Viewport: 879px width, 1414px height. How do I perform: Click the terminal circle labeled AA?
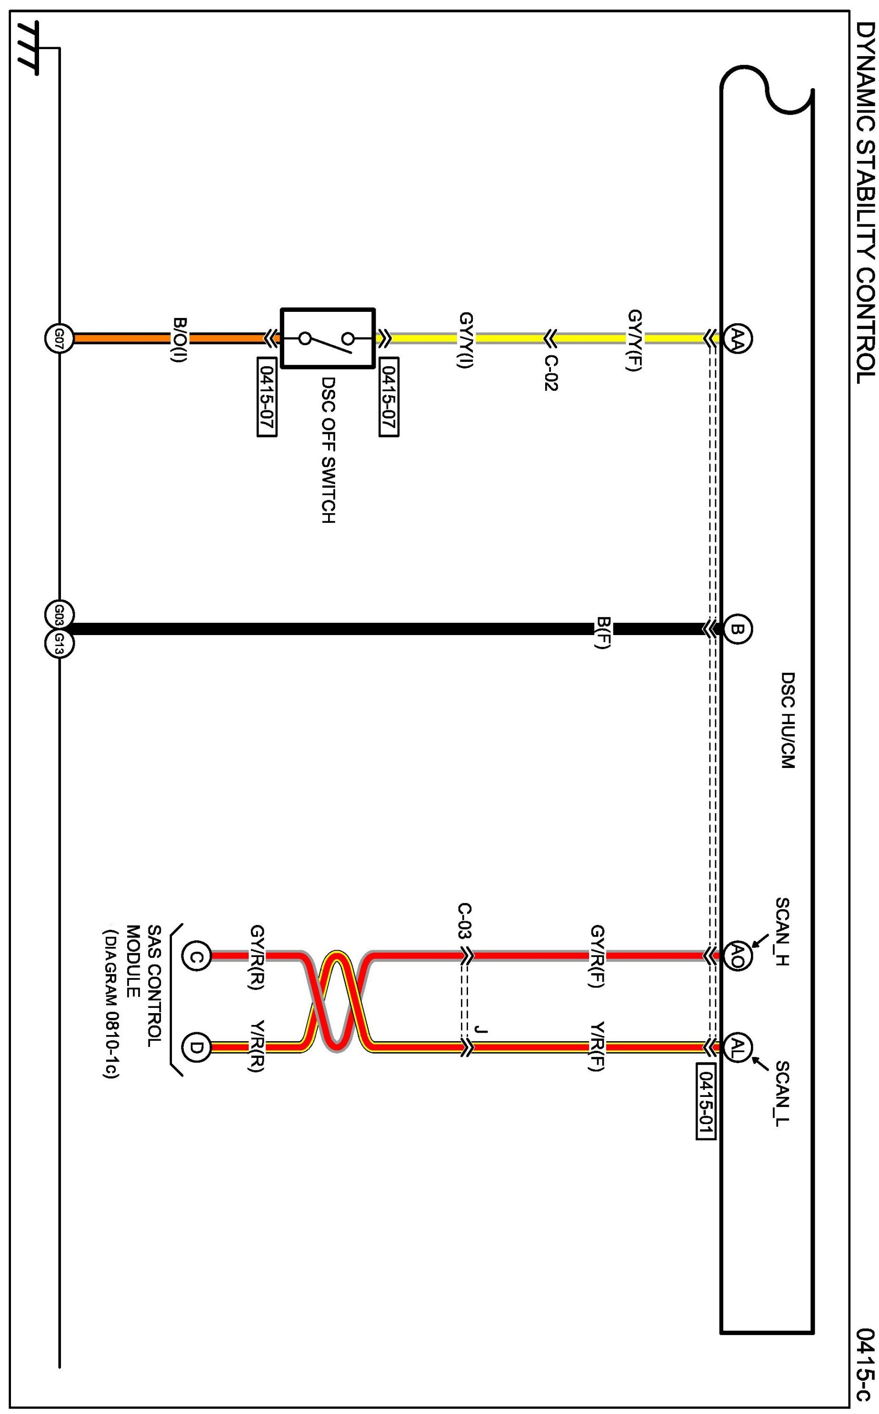click(x=737, y=337)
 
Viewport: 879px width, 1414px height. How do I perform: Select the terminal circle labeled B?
click(x=737, y=628)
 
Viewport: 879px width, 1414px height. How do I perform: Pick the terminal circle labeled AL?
click(x=737, y=1047)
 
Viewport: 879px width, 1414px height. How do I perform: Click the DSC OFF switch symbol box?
click(x=328, y=338)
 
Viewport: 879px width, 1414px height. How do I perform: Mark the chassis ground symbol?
click(x=29, y=49)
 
